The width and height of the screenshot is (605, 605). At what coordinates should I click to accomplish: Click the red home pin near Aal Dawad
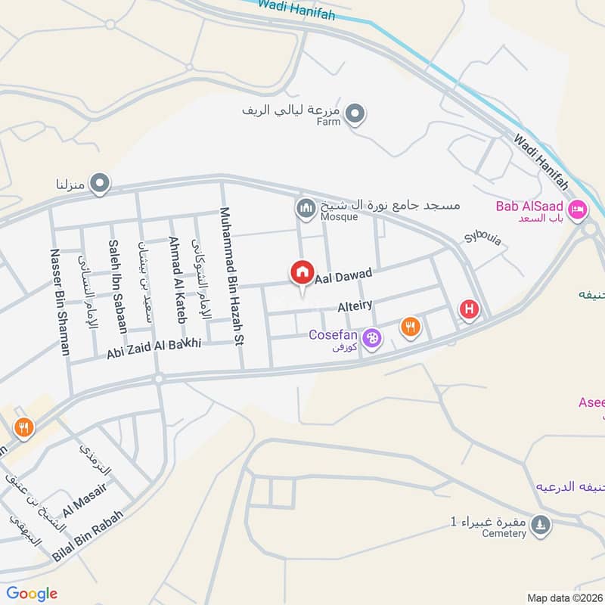[x=302, y=273]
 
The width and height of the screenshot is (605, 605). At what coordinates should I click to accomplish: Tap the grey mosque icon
[x=306, y=206]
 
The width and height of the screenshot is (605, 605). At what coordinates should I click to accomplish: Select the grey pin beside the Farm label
[x=357, y=115]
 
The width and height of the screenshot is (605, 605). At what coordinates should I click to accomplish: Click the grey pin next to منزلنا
[x=99, y=183]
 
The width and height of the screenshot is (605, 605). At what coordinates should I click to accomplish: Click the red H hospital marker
[x=470, y=309]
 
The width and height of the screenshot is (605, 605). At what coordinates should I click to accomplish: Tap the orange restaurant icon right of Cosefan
[x=410, y=327]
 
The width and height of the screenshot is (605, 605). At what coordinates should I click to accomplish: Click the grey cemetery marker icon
[x=539, y=524]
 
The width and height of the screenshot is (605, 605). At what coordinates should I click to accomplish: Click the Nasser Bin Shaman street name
[x=60, y=302]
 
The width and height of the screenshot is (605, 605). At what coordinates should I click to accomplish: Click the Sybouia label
[x=483, y=239]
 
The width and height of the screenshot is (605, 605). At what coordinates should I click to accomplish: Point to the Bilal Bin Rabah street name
[x=87, y=534]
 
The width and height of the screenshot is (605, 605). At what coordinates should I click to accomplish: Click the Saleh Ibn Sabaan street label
[x=117, y=286]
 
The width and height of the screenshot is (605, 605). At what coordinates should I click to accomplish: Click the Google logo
[x=32, y=594]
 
